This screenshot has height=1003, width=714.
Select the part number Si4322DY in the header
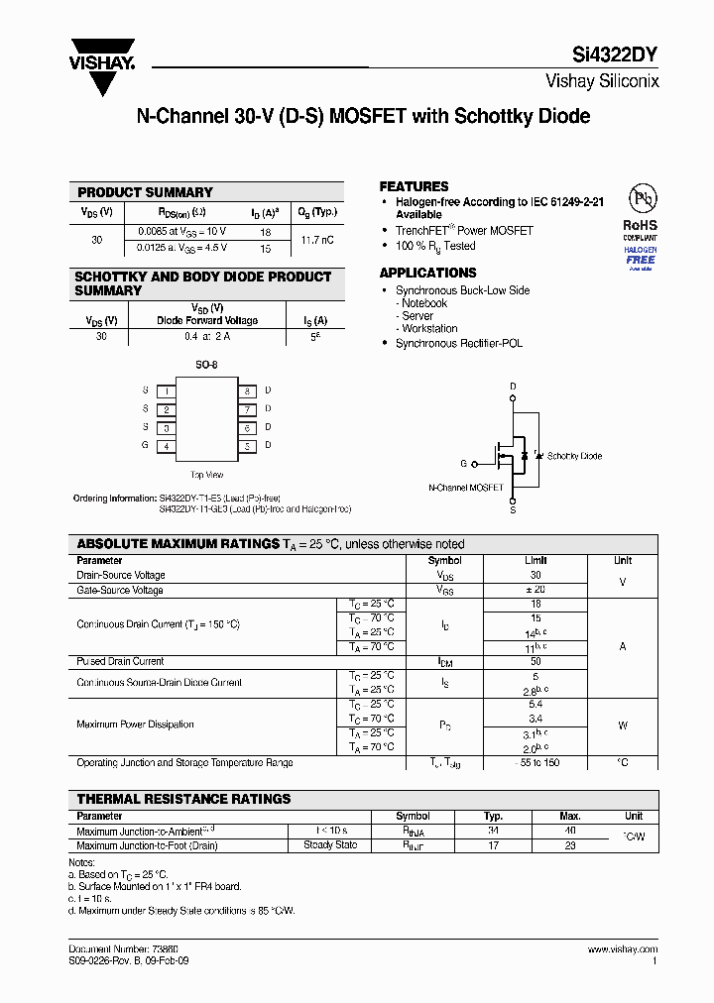(616, 56)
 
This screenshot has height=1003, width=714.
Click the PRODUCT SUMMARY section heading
(145, 192)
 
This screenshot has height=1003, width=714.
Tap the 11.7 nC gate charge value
(316, 240)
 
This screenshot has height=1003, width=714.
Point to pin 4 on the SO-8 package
(167, 447)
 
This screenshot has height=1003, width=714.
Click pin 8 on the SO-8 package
(247, 390)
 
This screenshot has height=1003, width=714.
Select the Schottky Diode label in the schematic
(574, 456)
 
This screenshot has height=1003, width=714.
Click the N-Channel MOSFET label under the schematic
(465, 488)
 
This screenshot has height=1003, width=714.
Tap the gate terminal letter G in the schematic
(463, 464)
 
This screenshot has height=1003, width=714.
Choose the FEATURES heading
(414, 186)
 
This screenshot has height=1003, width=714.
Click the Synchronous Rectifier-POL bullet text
(458, 343)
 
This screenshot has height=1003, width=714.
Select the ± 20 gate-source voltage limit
(535, 590)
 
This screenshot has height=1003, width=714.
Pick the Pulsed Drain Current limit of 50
(535, 661)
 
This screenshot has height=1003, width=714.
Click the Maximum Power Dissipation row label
(135, 724)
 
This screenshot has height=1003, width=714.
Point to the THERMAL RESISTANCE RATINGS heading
(183, 799)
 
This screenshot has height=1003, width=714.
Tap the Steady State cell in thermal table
(331, 845)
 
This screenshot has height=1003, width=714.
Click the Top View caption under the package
(206, 475)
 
